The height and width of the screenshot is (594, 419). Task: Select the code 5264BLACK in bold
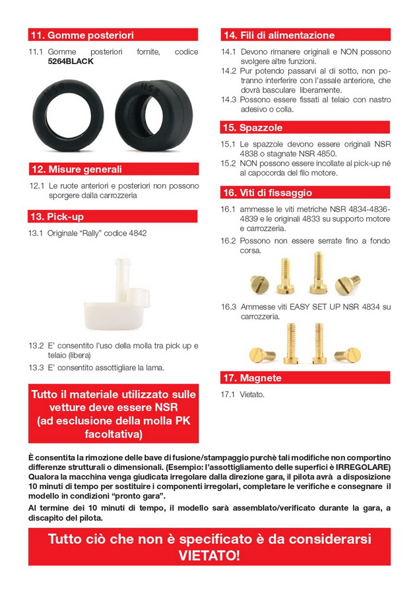[71, 61]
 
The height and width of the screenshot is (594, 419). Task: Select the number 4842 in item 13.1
[136, 233]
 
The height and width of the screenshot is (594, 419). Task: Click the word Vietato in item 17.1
[252, 394]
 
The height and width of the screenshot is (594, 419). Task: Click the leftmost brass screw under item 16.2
[260, 284]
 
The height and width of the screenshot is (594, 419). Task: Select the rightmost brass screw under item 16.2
[347, 284]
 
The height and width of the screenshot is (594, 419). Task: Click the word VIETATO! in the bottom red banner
[209, 555]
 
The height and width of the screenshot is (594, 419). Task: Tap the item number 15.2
[229, 162]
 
